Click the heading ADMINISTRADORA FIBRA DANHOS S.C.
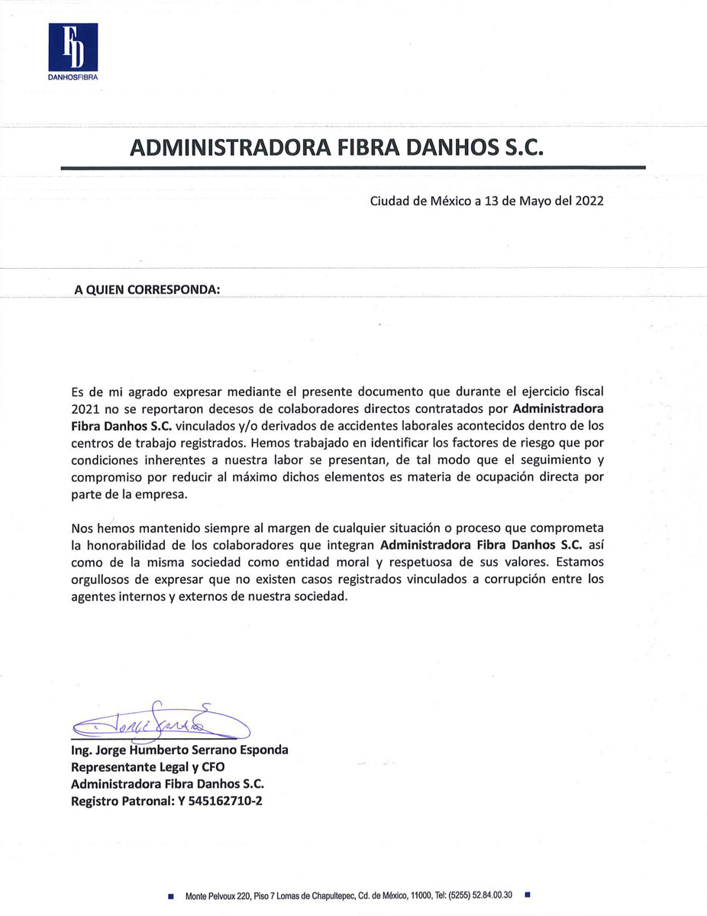337,147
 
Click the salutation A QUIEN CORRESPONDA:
147,291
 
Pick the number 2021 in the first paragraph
86,408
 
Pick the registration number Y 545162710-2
220,801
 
